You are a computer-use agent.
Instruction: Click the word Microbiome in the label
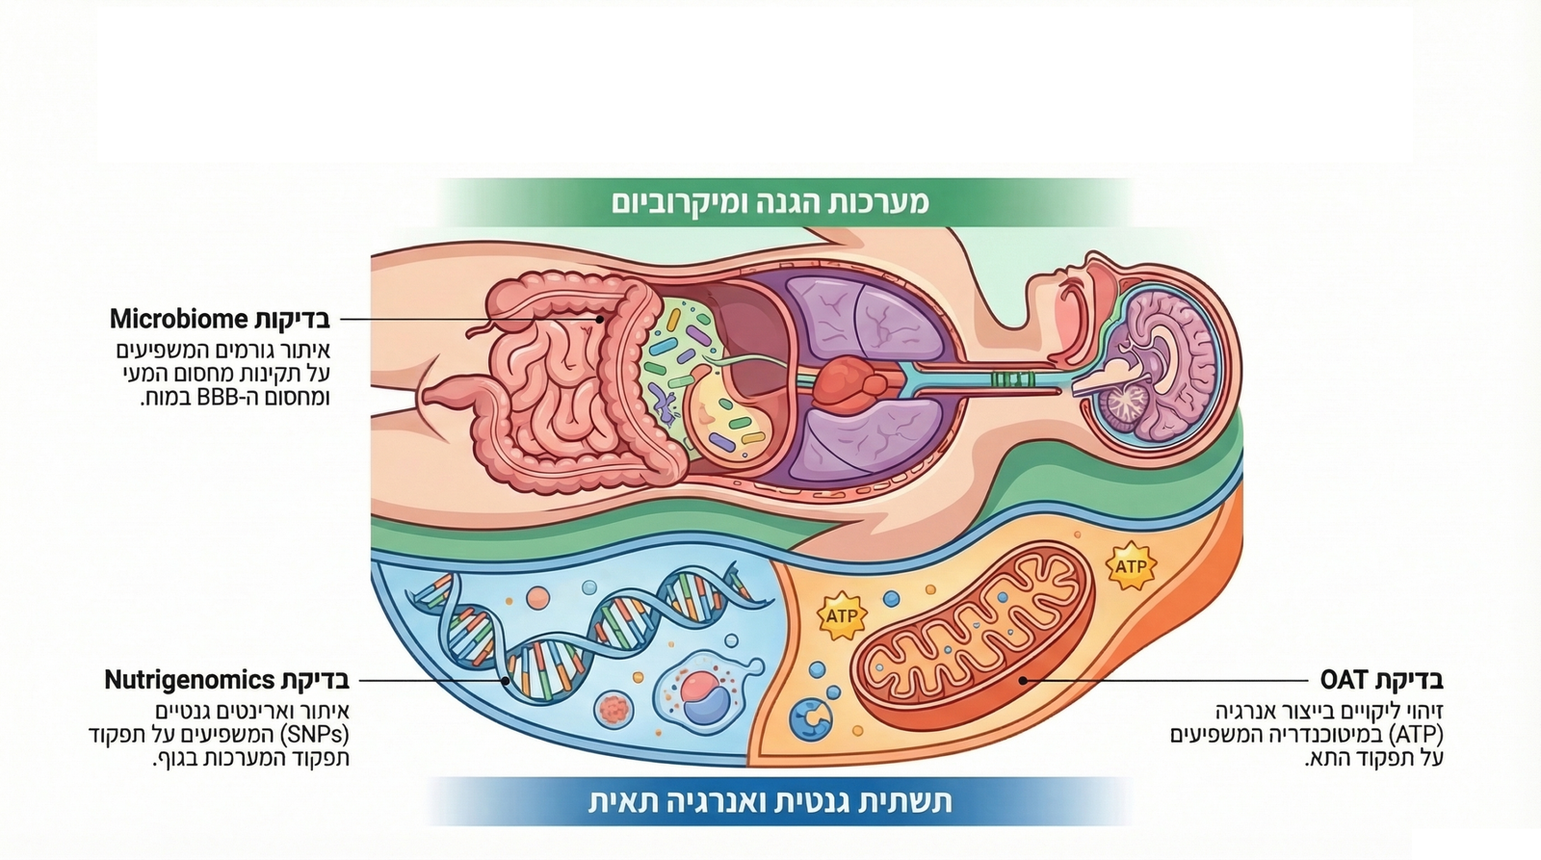179,319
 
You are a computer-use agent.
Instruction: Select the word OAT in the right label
1345,680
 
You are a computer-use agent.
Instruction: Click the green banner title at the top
770,202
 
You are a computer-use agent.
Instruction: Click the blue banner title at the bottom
770,801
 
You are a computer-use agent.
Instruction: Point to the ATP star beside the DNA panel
841,615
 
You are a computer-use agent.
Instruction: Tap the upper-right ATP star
1130,566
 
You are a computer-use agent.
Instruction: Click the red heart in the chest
848,379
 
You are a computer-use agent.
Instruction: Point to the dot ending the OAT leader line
1022,680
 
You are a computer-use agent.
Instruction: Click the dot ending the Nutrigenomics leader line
507,681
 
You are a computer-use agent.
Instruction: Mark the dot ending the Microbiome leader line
599,319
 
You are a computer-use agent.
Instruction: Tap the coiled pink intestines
554,385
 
